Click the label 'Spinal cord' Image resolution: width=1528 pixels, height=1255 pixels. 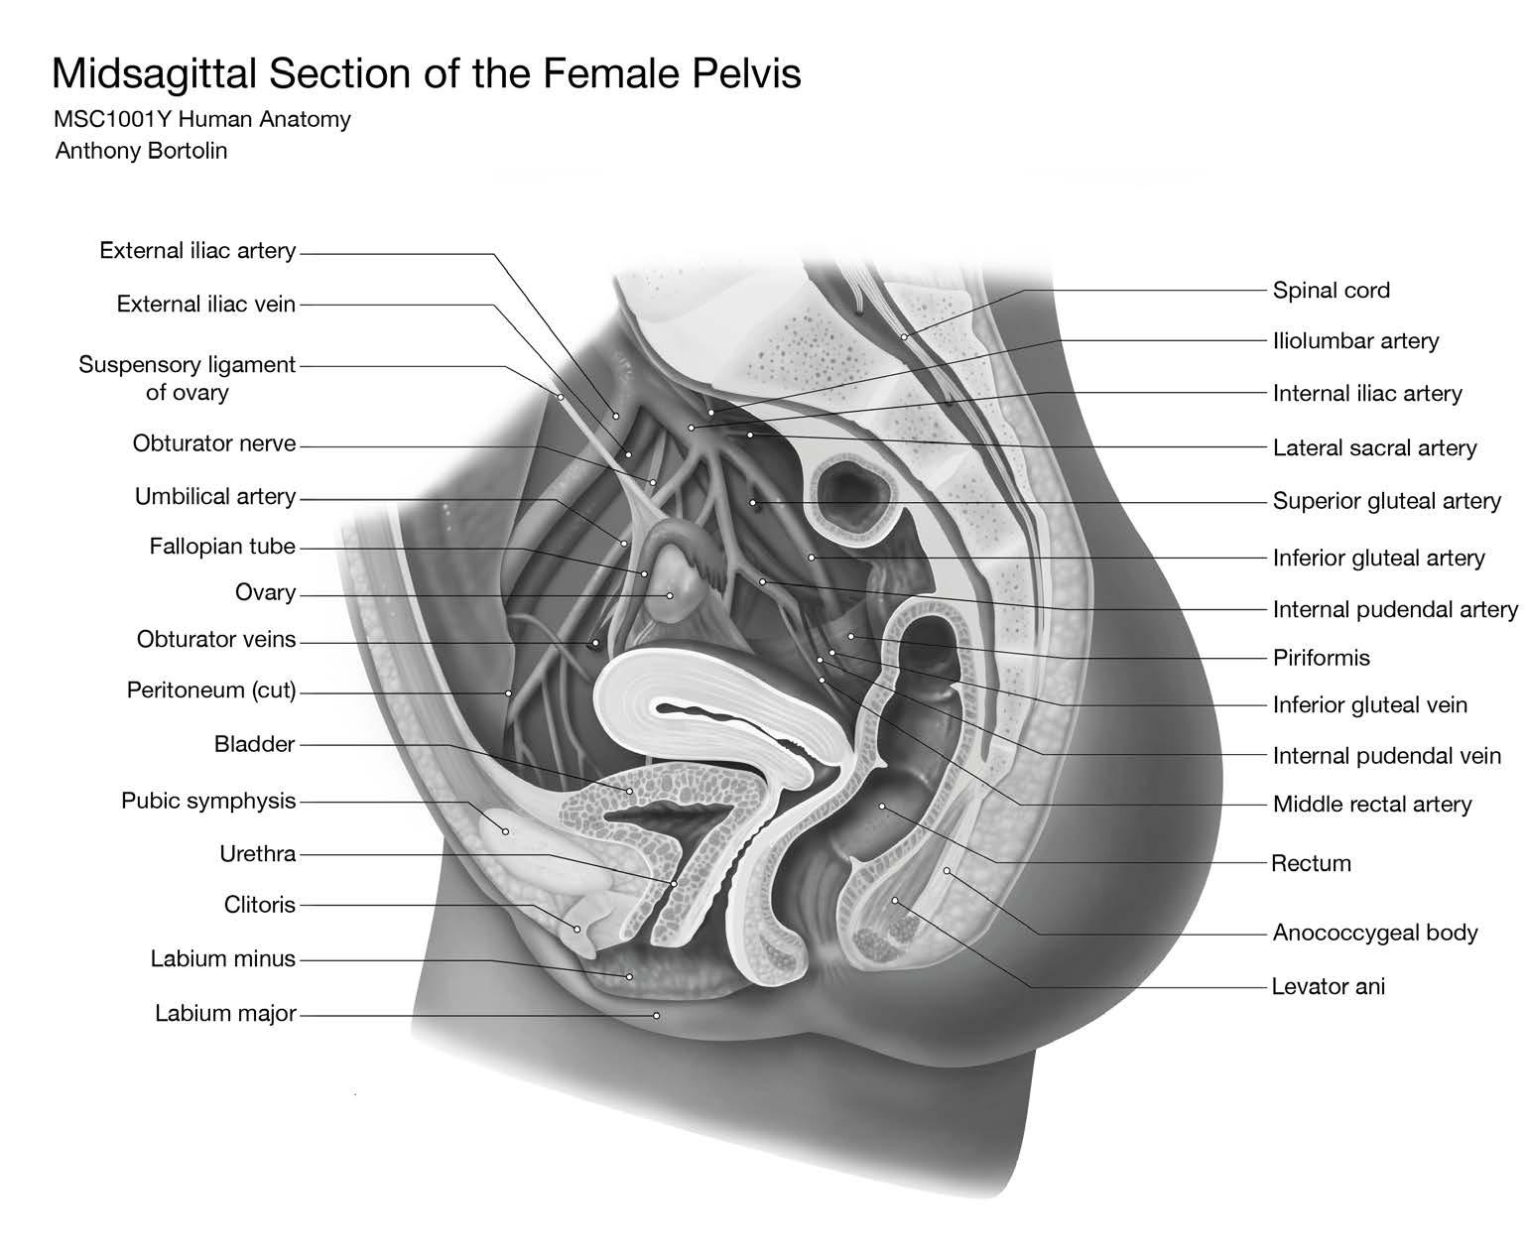(x=1331, y=291)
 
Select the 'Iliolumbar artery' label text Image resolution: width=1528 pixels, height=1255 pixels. (x=1355, y=341)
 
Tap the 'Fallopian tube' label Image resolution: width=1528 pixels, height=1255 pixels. (x=222, y=547)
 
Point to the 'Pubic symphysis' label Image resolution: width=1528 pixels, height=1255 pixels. (x=208, y=801)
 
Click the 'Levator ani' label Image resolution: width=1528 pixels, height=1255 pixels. (x=1328, y=986)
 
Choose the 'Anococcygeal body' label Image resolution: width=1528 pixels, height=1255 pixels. (x=1375, y=933)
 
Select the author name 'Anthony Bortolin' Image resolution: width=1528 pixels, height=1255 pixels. (x=141, y=151)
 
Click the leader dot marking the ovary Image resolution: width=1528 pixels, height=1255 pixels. (x=670, y=596)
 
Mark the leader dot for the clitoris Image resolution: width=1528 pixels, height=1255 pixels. (x=577, y=929)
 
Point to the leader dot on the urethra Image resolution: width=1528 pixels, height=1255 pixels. (x=674, y=883)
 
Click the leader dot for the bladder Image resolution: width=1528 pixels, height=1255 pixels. (x=629, y=791)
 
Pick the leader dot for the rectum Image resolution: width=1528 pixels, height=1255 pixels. (x=882, y=807)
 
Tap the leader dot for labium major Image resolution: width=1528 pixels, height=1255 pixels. (x=656, y=1015)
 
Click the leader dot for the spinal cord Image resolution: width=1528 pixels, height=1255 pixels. (x=904, y=337)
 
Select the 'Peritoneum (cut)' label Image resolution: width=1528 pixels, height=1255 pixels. (x=211, y=690)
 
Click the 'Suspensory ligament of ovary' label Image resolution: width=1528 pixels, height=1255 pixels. (x=187, y=378)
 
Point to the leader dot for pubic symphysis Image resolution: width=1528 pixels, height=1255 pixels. (x=505, y=831)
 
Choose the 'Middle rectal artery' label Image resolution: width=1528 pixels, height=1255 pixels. (x=1371, y=805)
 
